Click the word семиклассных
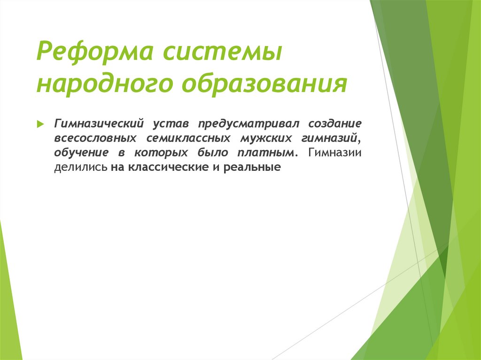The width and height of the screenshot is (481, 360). pos(188,138)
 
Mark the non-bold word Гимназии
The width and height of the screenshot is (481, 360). pos(335,153)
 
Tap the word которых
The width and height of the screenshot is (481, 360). pos(157,153)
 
